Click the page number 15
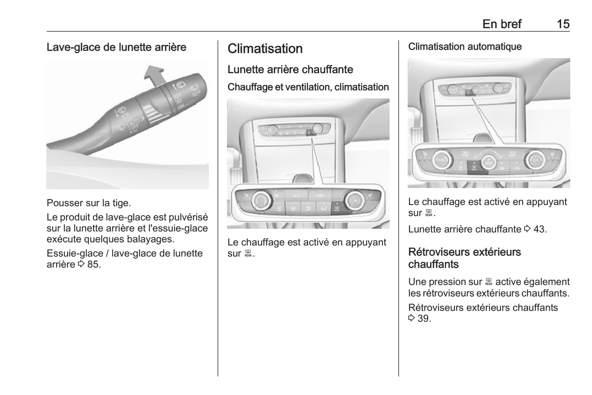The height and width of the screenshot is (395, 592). pyautogui.click(x=563, y=24)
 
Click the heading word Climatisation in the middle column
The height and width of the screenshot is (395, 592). pyautogui.click(x=265, y=49)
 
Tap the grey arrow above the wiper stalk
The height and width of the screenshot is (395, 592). pyautogui.click(x=155, y=75)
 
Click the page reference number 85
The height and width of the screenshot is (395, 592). pyautogui.click(x=94, y=264)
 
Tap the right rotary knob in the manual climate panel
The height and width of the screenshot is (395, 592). pyautogui.click(x=354, y=201)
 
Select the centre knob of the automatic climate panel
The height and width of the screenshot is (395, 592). pyautogui.click(x=489, y=162)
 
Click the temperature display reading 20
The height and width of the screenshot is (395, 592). pyautogui.click(x=465, y=153)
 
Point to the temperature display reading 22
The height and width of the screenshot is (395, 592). pyautogui.click(x=512, y=153)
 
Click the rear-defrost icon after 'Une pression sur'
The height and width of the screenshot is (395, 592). pyautogui.click(x=489, y=282)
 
